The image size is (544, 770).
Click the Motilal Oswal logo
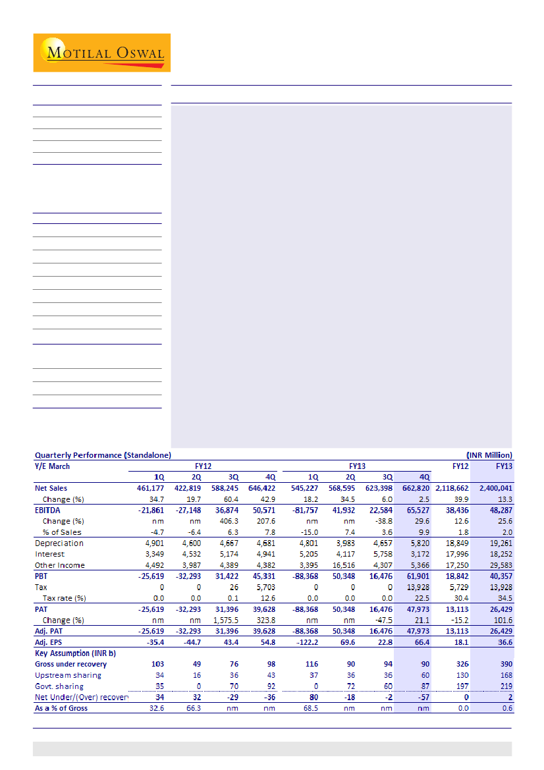pyautogui.click(x=102, y=53)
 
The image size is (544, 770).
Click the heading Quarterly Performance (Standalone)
pyautogui.click(x=103, y=455)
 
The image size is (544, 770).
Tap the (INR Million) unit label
pyautogui.click(x=489, y=455)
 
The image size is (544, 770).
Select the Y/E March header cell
pyautogui.click(x=53, y=466)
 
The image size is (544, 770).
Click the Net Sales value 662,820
pyautogui.click(x=415, y=489)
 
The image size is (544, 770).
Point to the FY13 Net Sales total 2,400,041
pyautogui.click(x=495, y=489)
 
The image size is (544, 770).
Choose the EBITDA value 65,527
pyautogui.click(x=417, y=510)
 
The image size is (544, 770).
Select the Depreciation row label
pyautogui.click(x=59, y=543)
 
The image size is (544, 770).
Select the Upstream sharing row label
pyautogui.click(x=68, y=675)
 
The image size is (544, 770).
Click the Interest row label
pyautogui.click(x=49, y=554)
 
